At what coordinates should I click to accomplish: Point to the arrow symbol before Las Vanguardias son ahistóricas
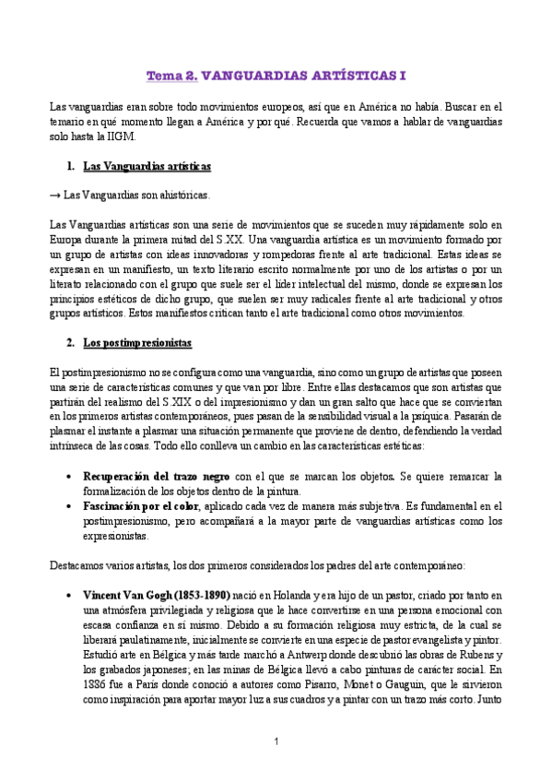[54, 195]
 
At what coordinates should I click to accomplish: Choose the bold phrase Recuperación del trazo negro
[157, 476]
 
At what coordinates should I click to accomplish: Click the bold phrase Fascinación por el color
[140, 505]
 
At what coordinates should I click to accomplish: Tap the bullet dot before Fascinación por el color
[70, 506]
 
